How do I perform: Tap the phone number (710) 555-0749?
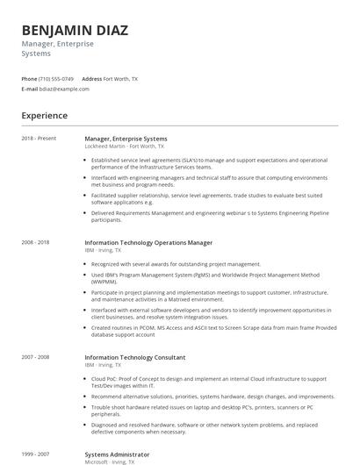tap(55, 78)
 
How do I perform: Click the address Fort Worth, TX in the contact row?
tap(120, 78)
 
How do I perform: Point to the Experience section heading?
tap(44, 115)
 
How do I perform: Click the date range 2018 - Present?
tap(39, 139)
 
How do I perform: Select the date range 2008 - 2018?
tap(36, 242)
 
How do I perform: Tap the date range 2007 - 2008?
tap(36, 357)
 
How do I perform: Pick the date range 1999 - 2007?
tap(36, 454)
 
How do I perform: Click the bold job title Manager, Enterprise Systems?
tap(126, 139)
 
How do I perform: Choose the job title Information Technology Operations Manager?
tap(148, 242)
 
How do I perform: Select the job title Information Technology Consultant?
tap(134, 357)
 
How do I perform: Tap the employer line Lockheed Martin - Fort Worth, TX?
tap(124, 146)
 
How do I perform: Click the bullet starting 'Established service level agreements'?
tap(209, 163)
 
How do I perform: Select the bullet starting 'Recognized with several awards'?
tap(176, 263)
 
